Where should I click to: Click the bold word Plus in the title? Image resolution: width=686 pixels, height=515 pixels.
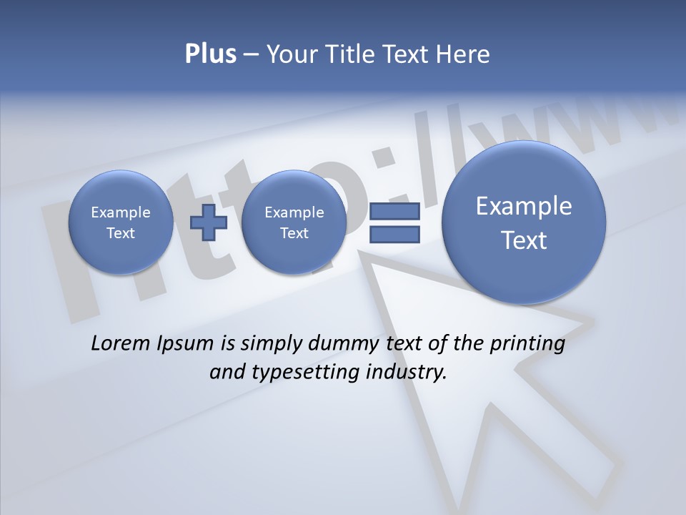click(210, 54)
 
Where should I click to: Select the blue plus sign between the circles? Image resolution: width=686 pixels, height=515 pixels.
click(208, 222)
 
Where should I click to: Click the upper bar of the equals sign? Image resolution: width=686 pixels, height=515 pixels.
click(394, 212)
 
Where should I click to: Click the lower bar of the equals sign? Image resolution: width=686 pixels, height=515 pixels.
click(394, 235)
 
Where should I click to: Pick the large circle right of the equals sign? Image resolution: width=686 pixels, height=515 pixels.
click(524, 222)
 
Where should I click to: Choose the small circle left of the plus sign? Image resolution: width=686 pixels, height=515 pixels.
click(121, 222)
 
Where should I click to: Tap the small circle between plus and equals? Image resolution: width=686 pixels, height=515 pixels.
click(294, 222)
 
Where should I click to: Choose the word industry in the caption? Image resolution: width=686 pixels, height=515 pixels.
click(405, 372)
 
